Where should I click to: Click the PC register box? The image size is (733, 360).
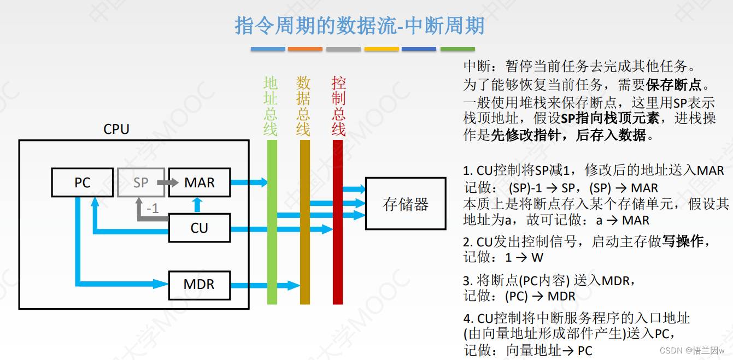[x=82, y=182]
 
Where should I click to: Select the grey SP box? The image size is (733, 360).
[x=140, y=182]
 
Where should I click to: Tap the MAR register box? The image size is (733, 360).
[x=199, y=182]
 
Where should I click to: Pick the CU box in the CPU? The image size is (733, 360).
[x=199, y=227]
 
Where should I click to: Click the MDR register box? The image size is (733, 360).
[x=199, y=285]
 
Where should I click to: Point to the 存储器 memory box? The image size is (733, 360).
[x=405, y=204]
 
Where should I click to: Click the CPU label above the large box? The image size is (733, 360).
[x=116, y=129]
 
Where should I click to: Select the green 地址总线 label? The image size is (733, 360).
[x=271, y=106]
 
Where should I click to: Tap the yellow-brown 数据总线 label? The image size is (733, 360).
[x=303, y=106]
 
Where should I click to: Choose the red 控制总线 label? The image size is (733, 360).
[x=338, y=106]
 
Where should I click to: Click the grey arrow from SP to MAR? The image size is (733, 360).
[x=160, y=182]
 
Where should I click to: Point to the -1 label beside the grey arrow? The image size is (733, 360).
[x=153, y=208]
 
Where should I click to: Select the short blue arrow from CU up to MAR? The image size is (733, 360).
[x=197, y=205]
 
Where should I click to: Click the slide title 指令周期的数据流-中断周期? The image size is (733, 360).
[x=360, y=26]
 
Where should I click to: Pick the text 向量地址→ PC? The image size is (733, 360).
[x=549, y=350]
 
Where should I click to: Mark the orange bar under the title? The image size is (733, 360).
[x=305, y=49]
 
